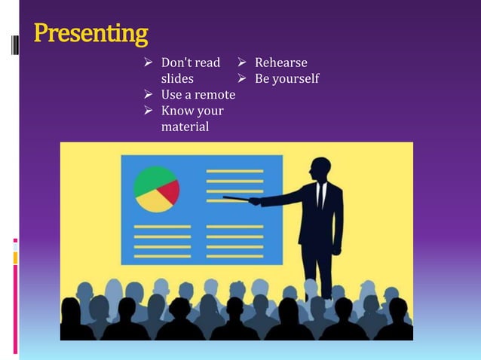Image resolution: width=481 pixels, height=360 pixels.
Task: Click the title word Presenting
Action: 90,34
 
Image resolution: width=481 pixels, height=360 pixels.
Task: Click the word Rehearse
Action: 280,63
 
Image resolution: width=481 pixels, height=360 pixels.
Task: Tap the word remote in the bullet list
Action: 215,95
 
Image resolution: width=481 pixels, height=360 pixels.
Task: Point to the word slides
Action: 177,78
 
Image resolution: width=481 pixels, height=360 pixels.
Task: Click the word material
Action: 185,127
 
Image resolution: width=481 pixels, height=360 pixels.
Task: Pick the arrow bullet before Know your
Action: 149,111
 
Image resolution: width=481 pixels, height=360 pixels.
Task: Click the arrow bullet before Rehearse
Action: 243,63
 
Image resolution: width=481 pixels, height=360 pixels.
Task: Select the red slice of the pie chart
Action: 170,191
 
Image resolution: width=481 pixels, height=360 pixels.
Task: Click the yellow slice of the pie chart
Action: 153,201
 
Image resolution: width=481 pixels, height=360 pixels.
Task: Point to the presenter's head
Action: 320,169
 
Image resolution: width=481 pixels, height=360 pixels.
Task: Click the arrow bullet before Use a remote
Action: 149,95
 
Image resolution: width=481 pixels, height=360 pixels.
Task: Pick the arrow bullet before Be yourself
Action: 243,78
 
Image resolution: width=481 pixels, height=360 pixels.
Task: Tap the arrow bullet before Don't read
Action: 149,63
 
